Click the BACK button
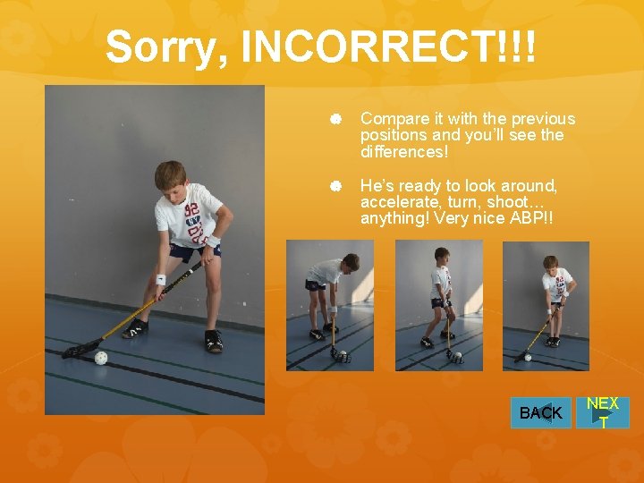coord(540,412)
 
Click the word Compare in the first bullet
coord(393,119)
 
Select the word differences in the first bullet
coord(402,152)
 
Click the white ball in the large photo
coord(100,358)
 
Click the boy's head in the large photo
coord(170,175)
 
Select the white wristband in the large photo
coord(161,279)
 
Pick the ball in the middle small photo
coord(456,358)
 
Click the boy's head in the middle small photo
coord(442,256)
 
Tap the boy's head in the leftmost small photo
coord(351,262)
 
